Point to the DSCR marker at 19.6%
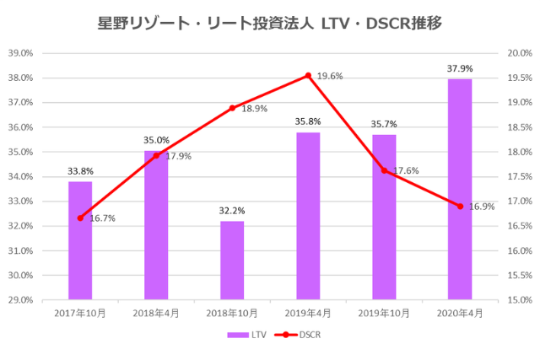pyautogui.click(x=308, y=76)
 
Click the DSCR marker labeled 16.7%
pyautogui.click(x=80, y=218)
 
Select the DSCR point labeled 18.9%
pyautogui.click(x=232, y=108)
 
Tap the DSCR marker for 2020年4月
pyautogui.click(x=460, y=206)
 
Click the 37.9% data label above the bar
pyautogui.click(x=460, y=68)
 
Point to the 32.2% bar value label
pyautogui.click(x=232, y=211)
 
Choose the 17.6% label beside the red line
pyautogui.click(x=406, y=171)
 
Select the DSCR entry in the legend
pyautogui.click(x=300, y=335)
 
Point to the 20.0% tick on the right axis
pyautogui.click(x=517, y=53)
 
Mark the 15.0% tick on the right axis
pyautogui.click(x=517, y=299)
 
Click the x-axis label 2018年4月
pyautogui.click(x=156, y=313)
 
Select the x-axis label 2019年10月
pyautogui.click(x=384, y=313)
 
